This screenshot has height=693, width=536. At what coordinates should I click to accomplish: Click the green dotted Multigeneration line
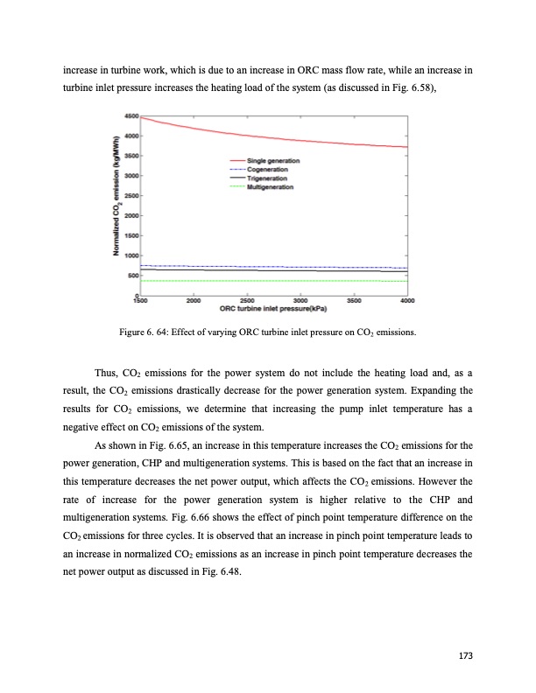click(272, 281)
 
